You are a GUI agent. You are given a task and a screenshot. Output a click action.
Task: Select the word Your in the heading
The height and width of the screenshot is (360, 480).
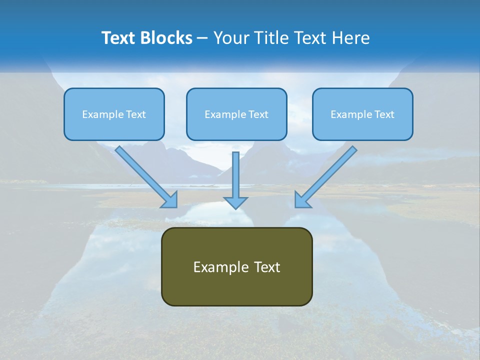tap(229, 38)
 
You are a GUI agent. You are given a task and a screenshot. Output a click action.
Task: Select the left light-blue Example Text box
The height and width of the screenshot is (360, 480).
tap(114, 114)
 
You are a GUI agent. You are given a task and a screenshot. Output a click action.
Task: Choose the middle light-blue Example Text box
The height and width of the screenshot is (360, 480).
tap(236, 114)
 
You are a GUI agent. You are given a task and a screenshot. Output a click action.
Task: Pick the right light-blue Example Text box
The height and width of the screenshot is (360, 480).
tap(362, 114)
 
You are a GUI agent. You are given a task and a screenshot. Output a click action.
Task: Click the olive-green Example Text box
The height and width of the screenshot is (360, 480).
tap(236, 266)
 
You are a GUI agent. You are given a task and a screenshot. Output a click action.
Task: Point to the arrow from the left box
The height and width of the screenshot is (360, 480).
tap(145, 175)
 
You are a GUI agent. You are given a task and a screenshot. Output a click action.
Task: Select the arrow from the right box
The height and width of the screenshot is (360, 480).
tap(327, 175)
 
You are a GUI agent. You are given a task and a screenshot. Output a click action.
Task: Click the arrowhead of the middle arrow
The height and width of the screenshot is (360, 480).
tap(235, 202)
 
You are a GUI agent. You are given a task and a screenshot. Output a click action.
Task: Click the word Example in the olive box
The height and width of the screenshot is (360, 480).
tap(216, 267)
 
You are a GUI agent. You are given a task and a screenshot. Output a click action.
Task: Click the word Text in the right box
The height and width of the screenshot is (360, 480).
tap(384, 114)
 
